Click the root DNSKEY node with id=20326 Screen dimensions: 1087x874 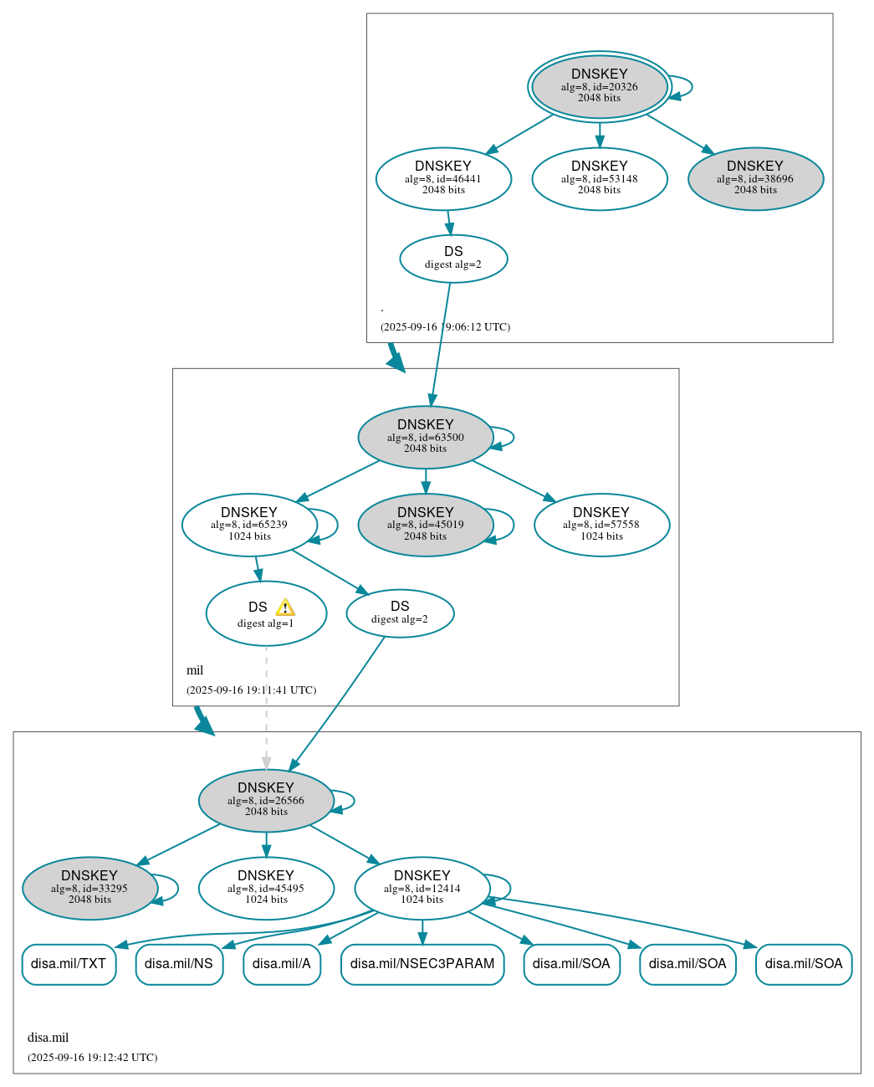pos(599,86)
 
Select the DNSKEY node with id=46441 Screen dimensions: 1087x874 pos(443,179)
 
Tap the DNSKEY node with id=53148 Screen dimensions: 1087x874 pos(599,179)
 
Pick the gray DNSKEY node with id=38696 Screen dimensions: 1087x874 pos(755,179)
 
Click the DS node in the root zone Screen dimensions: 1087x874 pos(453,259)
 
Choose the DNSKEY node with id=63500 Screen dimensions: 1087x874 pos(425,437)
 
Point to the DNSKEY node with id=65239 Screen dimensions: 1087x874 pos(249,525)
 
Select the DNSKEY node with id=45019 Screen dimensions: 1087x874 pos(425,525)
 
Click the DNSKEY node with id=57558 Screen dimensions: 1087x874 pos(601,525)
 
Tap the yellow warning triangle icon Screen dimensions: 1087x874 pos(285,608)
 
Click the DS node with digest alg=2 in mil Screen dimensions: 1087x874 pos(400,613)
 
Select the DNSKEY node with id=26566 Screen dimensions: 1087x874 pos(266,801)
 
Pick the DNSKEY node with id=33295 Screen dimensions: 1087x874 pos(89,889)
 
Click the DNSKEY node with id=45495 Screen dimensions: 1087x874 pos(266,889)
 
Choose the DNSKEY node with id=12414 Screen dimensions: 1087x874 pos(422,889)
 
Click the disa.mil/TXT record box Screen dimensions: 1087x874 pos(69,964)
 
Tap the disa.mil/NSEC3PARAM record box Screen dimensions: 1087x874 pos(422,964)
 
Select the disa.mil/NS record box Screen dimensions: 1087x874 pos(179,964)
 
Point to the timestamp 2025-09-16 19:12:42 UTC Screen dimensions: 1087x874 pos(92,1058)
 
